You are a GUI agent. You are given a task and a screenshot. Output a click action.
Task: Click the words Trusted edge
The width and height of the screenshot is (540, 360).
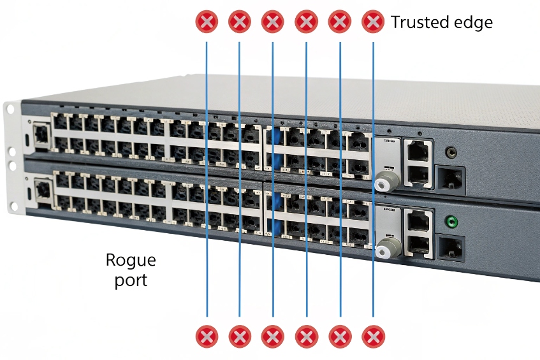441,22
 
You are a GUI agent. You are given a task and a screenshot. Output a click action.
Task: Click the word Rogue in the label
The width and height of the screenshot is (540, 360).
130,260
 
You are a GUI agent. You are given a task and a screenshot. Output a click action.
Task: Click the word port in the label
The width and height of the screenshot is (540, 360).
131,280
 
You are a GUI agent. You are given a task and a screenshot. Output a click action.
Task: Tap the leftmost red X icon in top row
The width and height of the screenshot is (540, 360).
207,22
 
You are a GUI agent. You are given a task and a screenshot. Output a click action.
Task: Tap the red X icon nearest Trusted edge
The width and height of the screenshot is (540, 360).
372,22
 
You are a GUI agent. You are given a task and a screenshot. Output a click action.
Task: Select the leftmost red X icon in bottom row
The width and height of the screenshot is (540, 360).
207,335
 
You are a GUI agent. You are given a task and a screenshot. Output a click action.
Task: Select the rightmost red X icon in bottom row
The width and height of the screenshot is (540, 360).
374,335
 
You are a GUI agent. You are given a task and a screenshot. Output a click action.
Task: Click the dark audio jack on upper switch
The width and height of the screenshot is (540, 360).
452,152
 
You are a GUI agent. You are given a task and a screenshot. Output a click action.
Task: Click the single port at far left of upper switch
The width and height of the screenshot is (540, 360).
41,133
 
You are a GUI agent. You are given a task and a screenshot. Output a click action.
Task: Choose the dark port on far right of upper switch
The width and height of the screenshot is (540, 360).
449,179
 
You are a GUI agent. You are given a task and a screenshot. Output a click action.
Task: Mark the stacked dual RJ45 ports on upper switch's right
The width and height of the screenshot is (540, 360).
418,161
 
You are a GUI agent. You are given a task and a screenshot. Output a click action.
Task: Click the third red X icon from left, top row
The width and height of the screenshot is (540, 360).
273,22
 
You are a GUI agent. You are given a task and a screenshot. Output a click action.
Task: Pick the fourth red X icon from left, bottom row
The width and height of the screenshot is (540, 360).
307,335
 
